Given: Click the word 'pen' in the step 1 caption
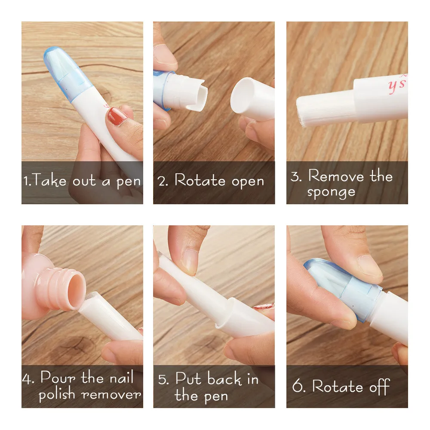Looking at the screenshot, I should [x=129, y=181].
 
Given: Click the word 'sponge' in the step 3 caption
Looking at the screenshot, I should [x=331, y=192].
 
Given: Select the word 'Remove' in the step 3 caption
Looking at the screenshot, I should [x=335, y=176].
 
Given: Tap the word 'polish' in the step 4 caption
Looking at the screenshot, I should [x=58, y=394].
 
